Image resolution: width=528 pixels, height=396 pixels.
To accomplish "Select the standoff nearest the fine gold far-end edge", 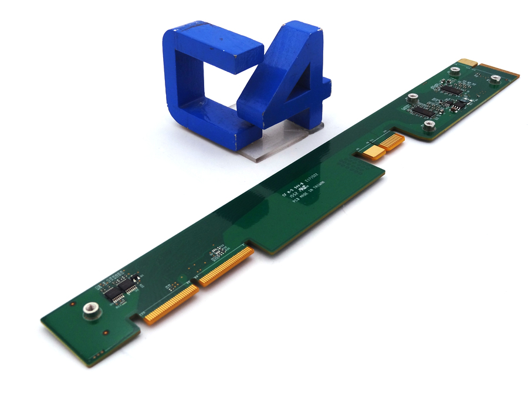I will tap(496, 78).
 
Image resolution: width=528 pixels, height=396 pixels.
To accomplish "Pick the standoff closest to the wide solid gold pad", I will tap(429, 124).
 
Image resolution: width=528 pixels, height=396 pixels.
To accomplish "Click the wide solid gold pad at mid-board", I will tap(373, 152).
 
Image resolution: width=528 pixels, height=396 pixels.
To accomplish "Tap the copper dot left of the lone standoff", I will tap(72, 306).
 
